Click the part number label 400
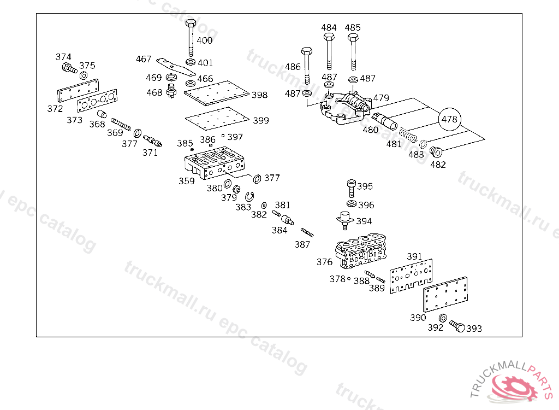coord(205,40)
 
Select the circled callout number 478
coord(450,119)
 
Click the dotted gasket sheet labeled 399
coord(217,119)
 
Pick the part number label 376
coord(324,262)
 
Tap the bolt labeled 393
coord(457,326)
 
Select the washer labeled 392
coord(443,318)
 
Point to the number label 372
coord(55,109)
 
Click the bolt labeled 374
coord(68,69)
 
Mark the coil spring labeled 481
coord(407,134)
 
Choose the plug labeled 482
coord(436,152)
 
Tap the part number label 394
coord(364,221)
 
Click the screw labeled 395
coord(351,188)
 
